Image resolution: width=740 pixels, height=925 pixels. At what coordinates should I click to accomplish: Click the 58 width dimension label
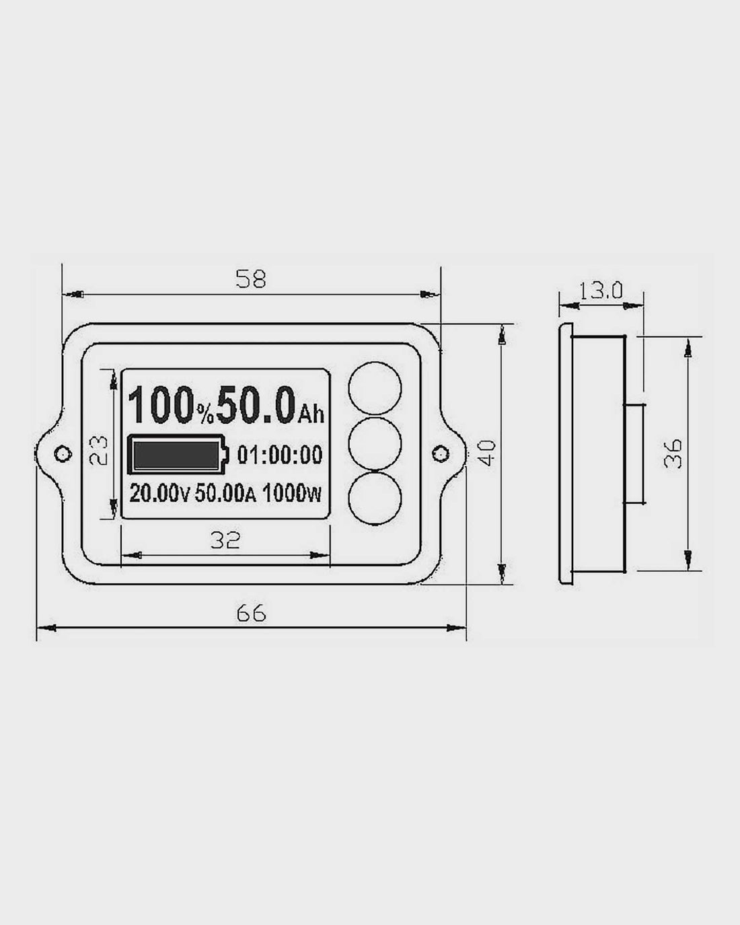pos(251,279)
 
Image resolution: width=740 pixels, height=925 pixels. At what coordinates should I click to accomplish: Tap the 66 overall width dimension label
pos(251,613)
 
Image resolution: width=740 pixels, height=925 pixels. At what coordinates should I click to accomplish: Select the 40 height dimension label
pos(487,453)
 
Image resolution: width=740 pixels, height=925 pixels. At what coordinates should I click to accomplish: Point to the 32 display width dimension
pos(225,540)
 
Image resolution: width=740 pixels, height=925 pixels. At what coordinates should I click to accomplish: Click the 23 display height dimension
pos(98,450)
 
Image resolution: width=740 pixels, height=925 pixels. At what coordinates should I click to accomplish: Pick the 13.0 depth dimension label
pos(601,291)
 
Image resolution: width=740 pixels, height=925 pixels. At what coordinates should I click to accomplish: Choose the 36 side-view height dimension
pos(673,453)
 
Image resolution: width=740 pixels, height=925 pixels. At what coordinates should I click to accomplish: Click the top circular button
pos(375,388)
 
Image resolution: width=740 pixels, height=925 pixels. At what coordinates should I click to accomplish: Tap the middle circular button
pos(375,443)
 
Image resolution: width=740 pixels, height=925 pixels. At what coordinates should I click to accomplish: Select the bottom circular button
pos(375,498)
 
